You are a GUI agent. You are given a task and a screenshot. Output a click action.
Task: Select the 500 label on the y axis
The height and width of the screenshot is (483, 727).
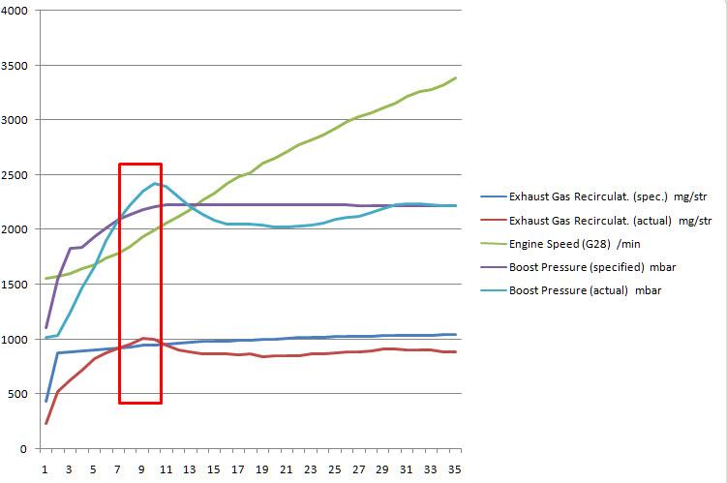click(x=20, y=394)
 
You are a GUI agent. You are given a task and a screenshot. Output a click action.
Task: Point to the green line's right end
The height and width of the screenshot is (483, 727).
click(x=455, y=78)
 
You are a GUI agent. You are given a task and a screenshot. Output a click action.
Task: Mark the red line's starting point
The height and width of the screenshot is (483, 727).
click(x=45, y=423)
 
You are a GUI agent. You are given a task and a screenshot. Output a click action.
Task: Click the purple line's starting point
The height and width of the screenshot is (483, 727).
click(x=45, y=328)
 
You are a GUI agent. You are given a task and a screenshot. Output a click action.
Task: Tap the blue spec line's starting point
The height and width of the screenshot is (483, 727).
click(x=45, y=401)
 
